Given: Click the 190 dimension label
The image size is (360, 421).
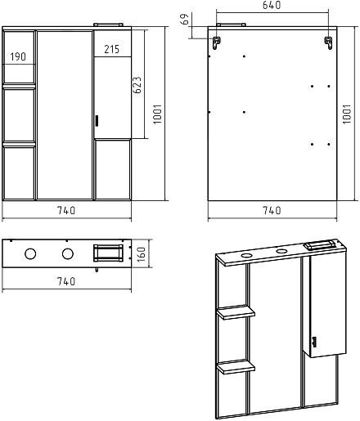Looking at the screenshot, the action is pos(18,56).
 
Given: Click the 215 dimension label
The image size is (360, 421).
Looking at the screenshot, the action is pos(112,49).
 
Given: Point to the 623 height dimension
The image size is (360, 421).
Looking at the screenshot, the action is pos(137,85).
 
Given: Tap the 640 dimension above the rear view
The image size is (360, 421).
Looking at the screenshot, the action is pos(272,5).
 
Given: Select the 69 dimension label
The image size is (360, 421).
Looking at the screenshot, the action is pos(185,19).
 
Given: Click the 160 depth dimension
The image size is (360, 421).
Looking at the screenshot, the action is pos(142,254).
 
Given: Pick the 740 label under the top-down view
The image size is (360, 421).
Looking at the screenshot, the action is pos(66,281).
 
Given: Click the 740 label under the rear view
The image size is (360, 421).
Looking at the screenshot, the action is pos(272,210).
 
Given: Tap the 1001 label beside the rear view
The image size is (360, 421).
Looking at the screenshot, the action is pos(347,114).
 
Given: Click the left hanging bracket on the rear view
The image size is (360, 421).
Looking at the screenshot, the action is pos(217,43).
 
